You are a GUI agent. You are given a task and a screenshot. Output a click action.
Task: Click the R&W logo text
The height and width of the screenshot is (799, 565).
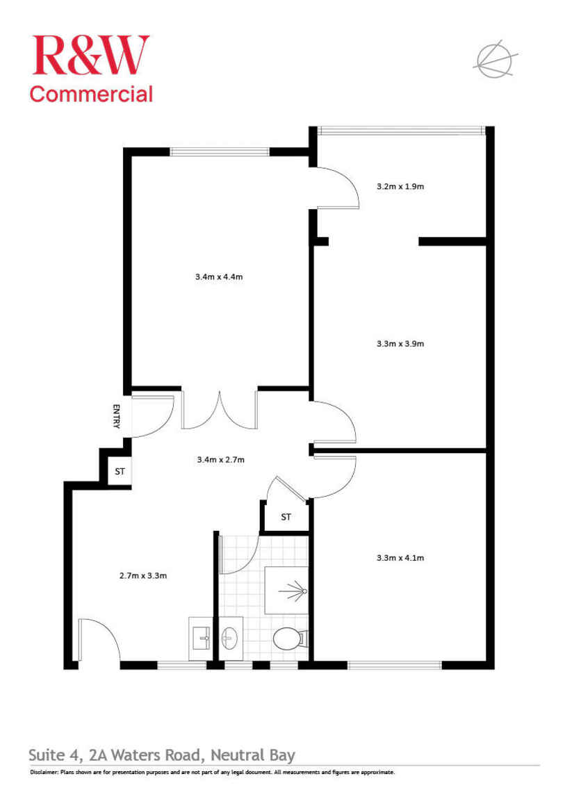[90, 55]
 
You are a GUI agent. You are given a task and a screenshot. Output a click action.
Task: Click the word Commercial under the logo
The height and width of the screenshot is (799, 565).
[90, 94]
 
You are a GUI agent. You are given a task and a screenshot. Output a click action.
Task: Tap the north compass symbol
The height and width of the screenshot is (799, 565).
[493, 58]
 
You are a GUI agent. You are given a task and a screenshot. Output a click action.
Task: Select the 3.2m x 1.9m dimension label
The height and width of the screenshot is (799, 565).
[400, 186]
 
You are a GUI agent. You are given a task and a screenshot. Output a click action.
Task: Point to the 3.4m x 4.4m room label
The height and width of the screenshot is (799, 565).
[219, 277]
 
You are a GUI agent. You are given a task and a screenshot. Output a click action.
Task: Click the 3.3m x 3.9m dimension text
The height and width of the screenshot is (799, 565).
[400, 343]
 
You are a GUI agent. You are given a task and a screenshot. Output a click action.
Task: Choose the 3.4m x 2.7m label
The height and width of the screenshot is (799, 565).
[221, 459]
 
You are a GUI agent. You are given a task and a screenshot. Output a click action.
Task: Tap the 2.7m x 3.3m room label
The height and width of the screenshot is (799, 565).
[143, 575]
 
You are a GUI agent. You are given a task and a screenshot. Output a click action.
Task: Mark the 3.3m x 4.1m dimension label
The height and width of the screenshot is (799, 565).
[400, 557]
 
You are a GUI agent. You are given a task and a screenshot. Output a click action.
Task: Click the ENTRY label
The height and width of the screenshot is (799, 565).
[117, 416]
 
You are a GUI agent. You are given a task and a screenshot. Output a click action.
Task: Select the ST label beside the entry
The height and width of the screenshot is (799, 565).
[120, 472]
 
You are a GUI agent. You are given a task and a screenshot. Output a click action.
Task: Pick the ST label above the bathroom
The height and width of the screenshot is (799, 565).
[286, 517]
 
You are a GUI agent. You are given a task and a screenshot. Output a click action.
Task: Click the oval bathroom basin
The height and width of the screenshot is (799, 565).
[231, 636]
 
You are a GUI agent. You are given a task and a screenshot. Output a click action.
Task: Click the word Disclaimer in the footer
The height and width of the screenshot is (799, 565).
[44, 773]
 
